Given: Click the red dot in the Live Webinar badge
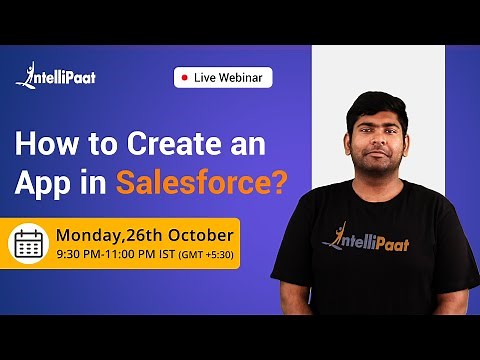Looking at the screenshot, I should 184,77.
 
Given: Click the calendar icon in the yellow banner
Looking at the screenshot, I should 29,243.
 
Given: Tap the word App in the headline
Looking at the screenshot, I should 45,183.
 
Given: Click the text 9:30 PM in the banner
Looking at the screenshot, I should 79,255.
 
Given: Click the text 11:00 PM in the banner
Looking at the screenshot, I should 132,255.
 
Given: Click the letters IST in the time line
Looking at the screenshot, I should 169,255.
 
